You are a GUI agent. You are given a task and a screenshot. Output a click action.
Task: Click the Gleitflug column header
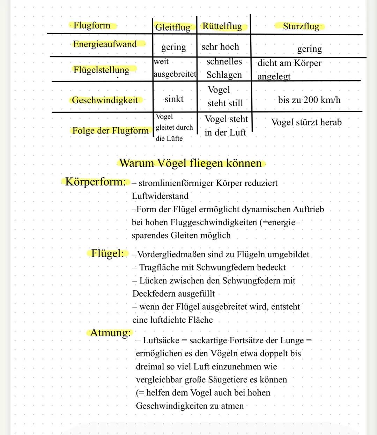(173, 27)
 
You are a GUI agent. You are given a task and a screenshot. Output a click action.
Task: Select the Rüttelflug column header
(222, 26)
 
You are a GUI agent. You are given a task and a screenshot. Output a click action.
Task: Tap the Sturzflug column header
(301, 26)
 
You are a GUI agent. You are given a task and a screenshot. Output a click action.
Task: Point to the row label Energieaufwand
(105, 44)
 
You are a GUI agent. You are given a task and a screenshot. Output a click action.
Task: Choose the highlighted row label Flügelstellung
(101, 70)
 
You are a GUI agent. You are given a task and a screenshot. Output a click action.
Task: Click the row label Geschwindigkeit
(105, 100)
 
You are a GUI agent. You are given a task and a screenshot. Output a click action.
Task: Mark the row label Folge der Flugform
(110, 131)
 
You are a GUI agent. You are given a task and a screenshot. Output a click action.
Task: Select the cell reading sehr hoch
(220, 47)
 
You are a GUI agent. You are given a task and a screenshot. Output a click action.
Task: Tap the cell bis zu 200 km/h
(309, 100)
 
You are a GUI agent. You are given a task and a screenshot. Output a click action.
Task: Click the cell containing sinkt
(174, 99)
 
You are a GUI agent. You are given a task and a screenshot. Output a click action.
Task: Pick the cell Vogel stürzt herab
(306, 122)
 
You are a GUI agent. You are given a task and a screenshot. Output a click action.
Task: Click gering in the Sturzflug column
(309, 49)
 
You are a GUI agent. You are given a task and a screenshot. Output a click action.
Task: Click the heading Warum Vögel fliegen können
(191, 163)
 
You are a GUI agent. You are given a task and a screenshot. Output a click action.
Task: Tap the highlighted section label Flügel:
(108, 253)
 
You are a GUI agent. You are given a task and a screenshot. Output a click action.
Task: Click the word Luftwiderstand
(160, 196)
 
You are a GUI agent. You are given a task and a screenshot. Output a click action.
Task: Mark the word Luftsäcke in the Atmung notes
(161, 340)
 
